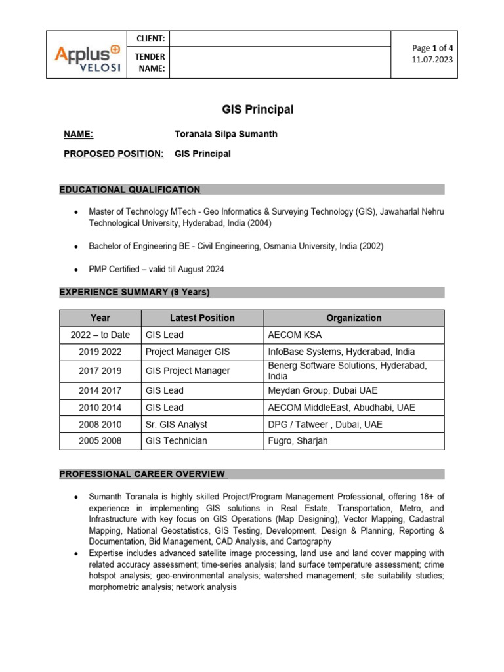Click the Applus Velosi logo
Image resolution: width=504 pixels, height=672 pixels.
[x=88, y=55]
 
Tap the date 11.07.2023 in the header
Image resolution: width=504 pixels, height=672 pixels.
[x=432, y=60]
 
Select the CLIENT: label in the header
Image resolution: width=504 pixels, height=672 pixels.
[x=150, y=39]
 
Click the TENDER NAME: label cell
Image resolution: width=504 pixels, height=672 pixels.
[x=150, y=63]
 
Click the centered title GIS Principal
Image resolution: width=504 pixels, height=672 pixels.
[x=251, y=110]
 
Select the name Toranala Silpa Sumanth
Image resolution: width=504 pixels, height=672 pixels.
[x=225, y=135]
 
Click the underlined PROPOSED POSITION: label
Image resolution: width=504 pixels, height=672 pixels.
[x=114, y=154]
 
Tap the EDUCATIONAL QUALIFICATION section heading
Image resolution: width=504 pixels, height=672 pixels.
[x=130, y=190]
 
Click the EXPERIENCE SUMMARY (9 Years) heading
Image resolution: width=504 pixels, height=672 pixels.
[x=135, y=292]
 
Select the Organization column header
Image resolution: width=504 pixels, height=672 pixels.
[x=354, y=318]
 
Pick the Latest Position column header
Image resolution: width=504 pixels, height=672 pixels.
[x=202, y=318]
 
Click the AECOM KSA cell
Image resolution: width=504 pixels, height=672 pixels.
[x=294, y=335]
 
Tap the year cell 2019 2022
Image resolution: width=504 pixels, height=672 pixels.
[x=100, y=352]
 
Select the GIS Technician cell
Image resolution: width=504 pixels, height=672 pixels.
[x=176, y=441]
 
